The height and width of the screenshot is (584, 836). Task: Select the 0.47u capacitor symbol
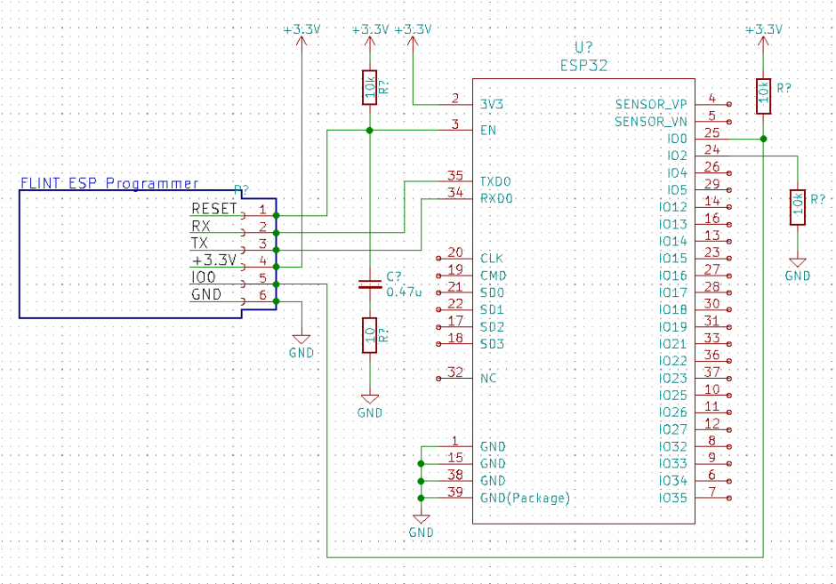(x=369, y=284)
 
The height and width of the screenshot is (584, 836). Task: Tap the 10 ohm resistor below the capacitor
(x=369, y=335)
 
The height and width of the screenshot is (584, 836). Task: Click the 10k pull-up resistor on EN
(x=369, y=88)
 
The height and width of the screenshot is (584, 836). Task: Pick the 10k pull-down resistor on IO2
(x=798, y=207)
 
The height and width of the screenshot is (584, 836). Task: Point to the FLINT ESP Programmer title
(x=109, y=183)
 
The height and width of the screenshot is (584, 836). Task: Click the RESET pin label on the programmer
(x=214, y=209)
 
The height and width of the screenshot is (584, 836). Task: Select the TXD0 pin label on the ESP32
(x=496, y=181)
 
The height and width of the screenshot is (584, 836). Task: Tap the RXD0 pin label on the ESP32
(x=496, y=198)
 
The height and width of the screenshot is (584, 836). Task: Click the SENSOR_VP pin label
(x=651, y=104)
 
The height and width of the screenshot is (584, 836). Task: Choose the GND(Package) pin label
(x=524, y=498)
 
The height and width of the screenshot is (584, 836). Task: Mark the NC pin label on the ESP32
(x=488, y=379)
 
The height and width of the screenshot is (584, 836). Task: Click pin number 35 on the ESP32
(x=455, y=175)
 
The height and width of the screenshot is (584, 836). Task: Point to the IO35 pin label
(x=673, y=498)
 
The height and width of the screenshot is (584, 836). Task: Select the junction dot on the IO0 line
(x=763, y=139)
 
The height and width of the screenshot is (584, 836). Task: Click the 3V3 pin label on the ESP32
(x=492, y=105)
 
